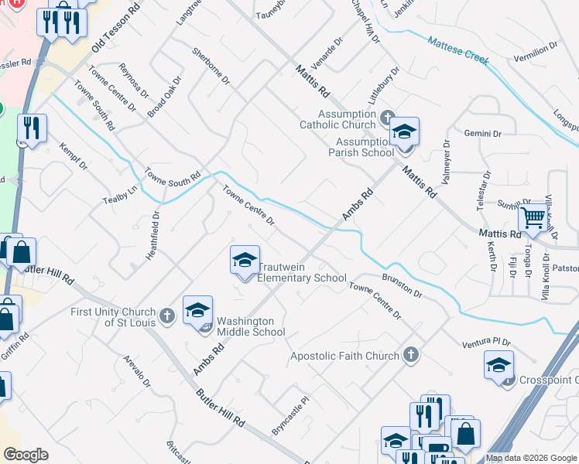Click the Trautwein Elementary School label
(x=301, y=272)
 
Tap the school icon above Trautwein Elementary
(x=245, y=261)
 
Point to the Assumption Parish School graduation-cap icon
(x=403, y=131)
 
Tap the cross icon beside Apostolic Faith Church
(x=410, y=355)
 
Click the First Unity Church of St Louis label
(x=113, y=316)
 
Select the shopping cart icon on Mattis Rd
(x=533, y=219)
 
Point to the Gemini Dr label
(x=483, y=134)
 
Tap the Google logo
(x=26, y=455)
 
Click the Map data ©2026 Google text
(x=530, y=458)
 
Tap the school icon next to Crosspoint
(x=498, y=364)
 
